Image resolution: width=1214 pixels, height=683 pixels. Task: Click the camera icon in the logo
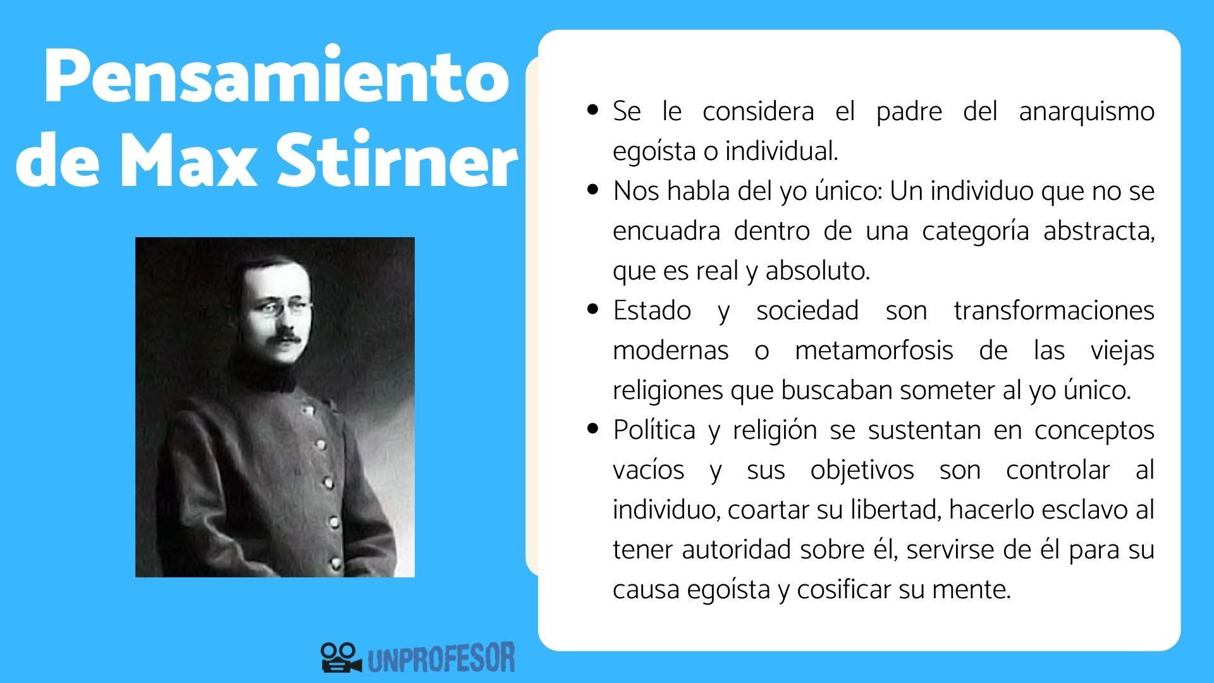[340, 658]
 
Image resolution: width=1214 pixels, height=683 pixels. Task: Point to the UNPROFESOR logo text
[441, 658]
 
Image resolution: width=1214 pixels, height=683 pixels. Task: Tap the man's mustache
[287, 338]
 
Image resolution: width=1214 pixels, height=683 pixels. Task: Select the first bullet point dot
[592, 110]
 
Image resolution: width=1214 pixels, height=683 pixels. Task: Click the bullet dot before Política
[592, 429]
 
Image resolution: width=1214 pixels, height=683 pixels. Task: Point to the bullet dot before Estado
[592, 309]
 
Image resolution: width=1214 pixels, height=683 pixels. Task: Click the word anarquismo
[1086, 111]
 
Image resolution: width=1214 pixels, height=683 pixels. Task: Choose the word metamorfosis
[874, 350]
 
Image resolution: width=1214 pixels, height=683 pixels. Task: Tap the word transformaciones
[1053, 311]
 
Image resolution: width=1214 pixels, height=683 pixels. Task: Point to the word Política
[654, 430]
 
